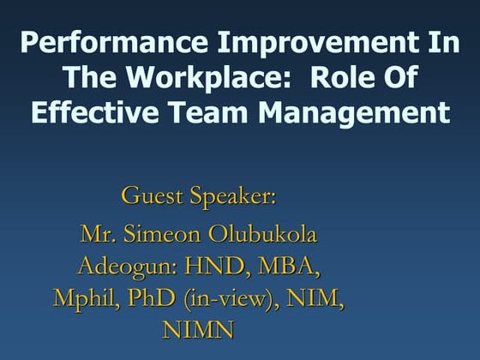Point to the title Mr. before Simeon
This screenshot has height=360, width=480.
point(98,234)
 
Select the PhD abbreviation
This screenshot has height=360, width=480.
point(145,298)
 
